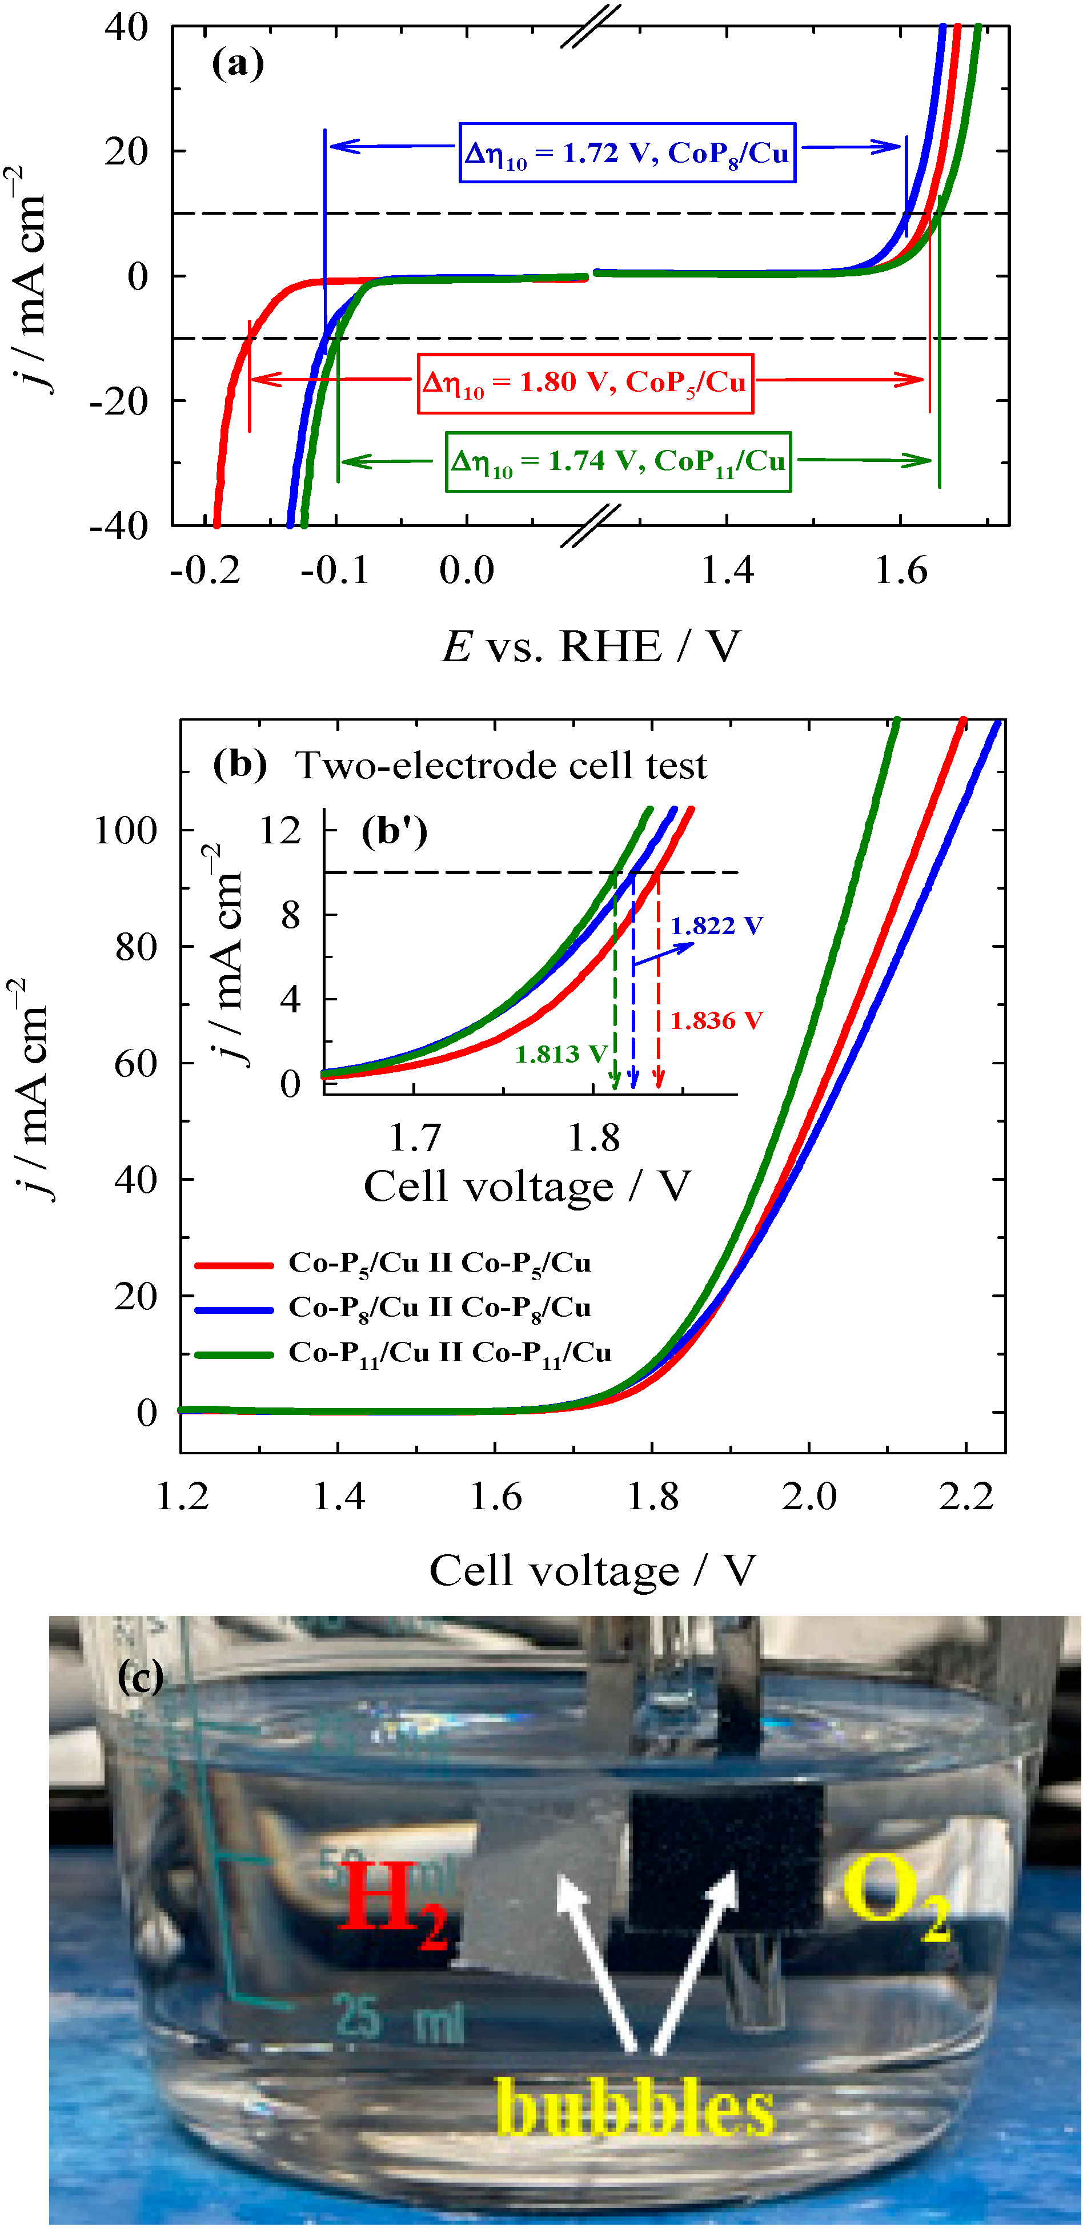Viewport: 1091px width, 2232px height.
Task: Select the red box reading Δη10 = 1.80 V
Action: click(585, 383)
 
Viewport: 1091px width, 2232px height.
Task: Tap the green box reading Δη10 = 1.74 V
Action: click(618, 462)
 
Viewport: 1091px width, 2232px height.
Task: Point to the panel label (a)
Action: click(238, 64)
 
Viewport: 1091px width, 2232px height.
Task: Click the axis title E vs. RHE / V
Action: click(592, 646)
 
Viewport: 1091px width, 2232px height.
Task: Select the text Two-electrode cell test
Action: click(501, 766)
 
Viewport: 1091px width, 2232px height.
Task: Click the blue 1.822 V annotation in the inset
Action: click(716, 926)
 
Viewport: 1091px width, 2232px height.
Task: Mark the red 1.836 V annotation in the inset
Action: click(716, 1021)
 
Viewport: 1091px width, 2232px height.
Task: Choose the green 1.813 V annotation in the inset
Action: click(560, 1055)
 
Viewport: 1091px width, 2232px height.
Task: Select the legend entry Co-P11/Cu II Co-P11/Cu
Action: click(450, 1353)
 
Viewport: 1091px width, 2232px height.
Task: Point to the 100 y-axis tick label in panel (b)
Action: click(126, 831)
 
